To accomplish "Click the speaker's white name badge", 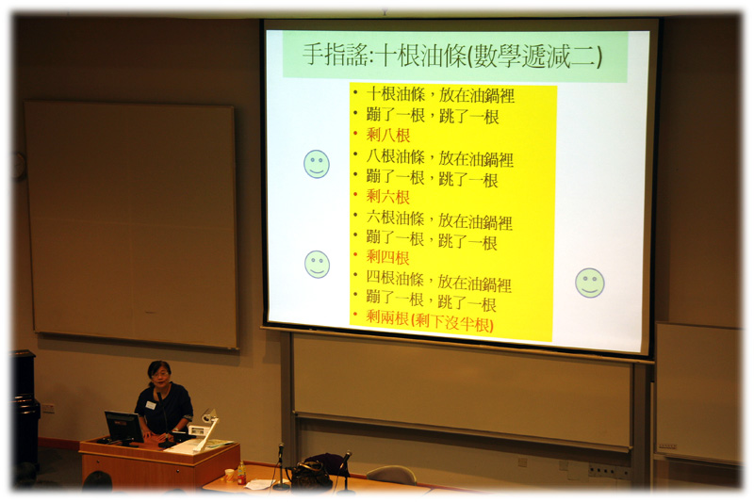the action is click(x=150, y=405).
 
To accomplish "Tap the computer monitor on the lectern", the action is click(x=123, y=427).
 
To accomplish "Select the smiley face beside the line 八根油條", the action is click(x=317, y=164).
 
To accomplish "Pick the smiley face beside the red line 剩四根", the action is click(x=317, y=265).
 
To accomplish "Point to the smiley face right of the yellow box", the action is click(x=590, y=283).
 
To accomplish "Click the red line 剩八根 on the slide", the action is click(x=388, y=135).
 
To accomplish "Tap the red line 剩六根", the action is click(x=387, y=196).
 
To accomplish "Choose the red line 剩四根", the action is click(x=387, y=257).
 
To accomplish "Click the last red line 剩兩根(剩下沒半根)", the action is click(x=430, y=321).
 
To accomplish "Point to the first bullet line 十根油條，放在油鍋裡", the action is click(x=440, y=94).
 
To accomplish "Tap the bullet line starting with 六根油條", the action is click(x=439, y=219).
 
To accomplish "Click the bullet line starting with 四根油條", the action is click(x=438, y=281).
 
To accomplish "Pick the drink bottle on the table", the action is click(x=241, y=473).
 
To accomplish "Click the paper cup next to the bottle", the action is click(x=229, y=476).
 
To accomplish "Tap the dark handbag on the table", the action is click(x=310, y=472).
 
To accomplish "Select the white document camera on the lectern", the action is click(x=205, y=429).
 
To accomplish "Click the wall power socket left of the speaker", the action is click(x=48, y=409).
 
